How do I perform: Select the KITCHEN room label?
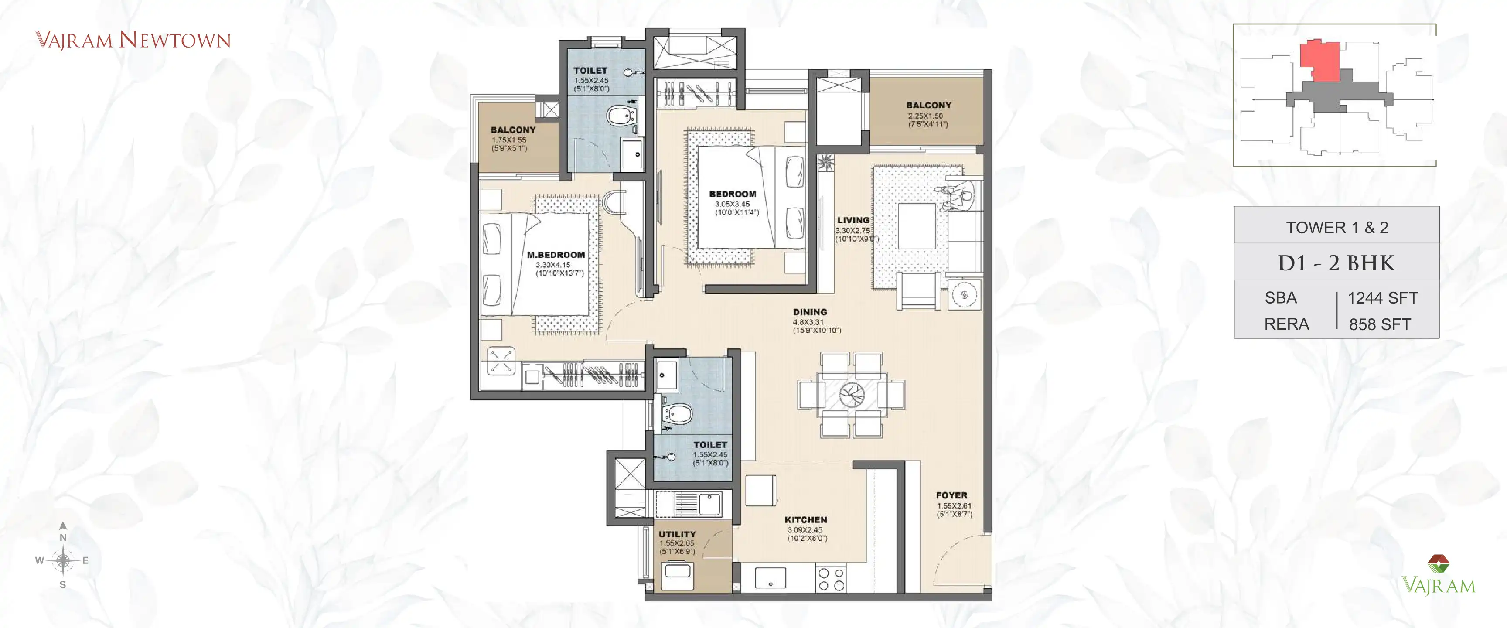[x=805, y=520]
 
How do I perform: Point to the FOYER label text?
[x=951, y=495]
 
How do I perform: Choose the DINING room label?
[x=810, y=312]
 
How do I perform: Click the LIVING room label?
[x=852, y=220]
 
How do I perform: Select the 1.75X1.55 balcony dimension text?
[x=509, y=140]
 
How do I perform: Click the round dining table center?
[x=851, y=395]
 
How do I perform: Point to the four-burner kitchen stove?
[x=831, y=579]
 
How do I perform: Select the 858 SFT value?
[x=1380, y=324]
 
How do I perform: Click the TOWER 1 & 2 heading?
[x=1337, y=228]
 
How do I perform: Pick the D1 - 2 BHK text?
[x=1337, y=263]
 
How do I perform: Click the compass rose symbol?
[x=63, y=560]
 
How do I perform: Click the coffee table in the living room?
[x=916, y=226]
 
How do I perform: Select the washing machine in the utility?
[x=678, y=576]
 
